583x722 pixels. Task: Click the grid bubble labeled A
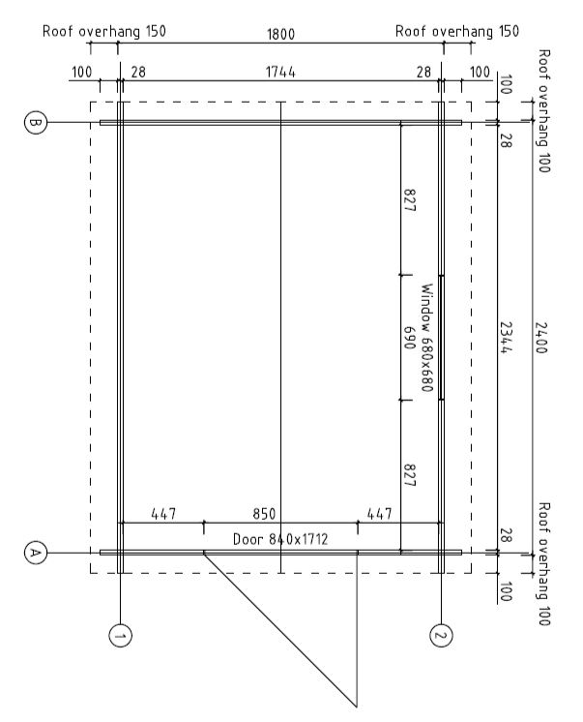(x=35, y=553)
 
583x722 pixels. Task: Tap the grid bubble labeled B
(x=35, y=123)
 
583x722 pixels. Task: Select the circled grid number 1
(x=120, y=636)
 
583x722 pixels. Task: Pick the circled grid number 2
(x=441, y=636)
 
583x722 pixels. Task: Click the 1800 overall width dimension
(x=280, y=34)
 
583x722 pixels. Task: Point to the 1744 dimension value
(x=280, y=73)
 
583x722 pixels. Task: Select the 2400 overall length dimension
(x=541, y=338)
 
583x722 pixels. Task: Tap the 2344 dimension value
(x=507, y=338)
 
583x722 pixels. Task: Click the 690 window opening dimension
(x=410, y=338)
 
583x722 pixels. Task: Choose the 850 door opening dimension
(x=264, y=514)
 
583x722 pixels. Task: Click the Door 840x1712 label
(x=280, y=539)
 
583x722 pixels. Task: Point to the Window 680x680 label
(x=427, y=338)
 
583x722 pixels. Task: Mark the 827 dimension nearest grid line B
(x=410, y=199)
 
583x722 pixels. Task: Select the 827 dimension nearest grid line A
(x=410, y=475)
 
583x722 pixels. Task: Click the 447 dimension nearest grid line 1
(x=163, y=514)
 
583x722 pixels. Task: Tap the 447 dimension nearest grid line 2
(x=380, y=514)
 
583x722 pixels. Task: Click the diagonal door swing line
(x=280, y=629)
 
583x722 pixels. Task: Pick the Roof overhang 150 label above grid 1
(x=104, y=31)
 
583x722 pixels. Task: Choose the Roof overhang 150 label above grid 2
(x=457, y=31)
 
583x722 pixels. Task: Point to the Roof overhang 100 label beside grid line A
(x=544, y=564)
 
